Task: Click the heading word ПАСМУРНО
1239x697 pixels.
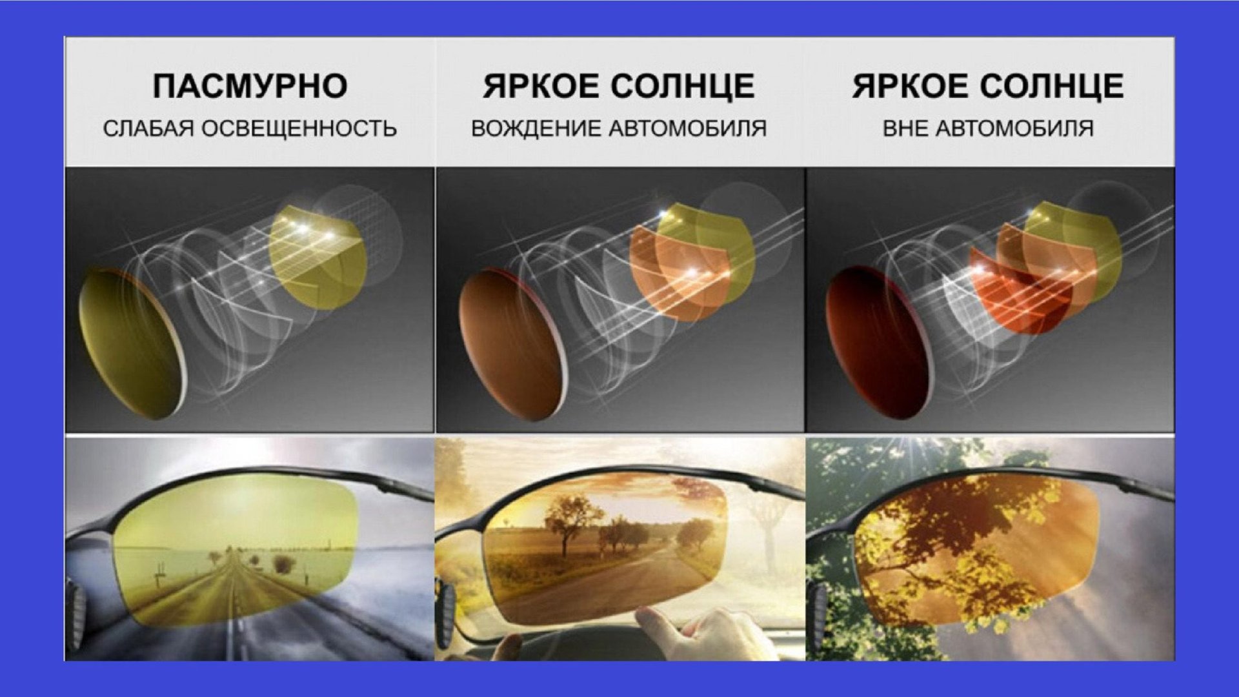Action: coord(250,86)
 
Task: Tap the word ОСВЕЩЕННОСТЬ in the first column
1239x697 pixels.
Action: coord(299,128)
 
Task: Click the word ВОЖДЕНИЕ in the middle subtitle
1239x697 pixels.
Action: coord(536,128)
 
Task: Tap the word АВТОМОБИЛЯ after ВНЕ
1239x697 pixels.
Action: coord(1014,128)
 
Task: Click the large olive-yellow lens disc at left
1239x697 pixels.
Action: coord(132,342)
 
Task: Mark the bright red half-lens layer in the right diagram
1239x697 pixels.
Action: coord(1023,290)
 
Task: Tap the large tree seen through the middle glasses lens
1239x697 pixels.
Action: coord(566,523)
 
